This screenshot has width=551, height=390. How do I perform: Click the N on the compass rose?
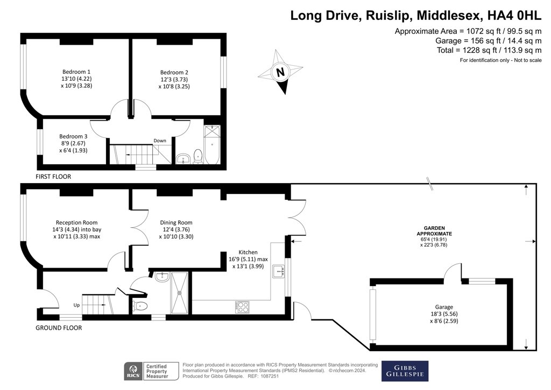[280, 72]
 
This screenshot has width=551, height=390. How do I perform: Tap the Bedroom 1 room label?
[76, 72]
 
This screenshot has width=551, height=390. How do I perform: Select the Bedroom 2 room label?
[174, 72]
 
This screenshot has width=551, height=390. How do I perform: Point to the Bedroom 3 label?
[73, 136]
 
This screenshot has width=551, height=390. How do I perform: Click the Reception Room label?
[76, 222]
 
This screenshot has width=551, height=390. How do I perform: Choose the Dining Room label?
[176, 222]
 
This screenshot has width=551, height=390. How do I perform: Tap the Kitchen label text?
[248, 252]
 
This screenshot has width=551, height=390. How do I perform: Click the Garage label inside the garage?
[444, 307]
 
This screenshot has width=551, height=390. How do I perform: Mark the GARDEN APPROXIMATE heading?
[434, 231]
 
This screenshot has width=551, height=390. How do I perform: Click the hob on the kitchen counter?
[242, 307]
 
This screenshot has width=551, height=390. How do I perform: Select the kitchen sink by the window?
[279, 271]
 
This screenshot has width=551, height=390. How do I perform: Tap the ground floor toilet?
[140, 306]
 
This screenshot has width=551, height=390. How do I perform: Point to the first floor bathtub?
[212, 144]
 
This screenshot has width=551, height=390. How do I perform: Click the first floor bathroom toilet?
[198, 157]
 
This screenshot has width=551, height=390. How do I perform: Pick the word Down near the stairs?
[159, 141]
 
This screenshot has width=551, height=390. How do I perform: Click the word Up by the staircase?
[76, 305]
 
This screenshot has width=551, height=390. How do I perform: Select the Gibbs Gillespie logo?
[405, 371]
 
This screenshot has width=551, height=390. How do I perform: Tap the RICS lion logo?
[133, 371]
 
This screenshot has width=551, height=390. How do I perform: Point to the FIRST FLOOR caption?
[53, 177]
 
